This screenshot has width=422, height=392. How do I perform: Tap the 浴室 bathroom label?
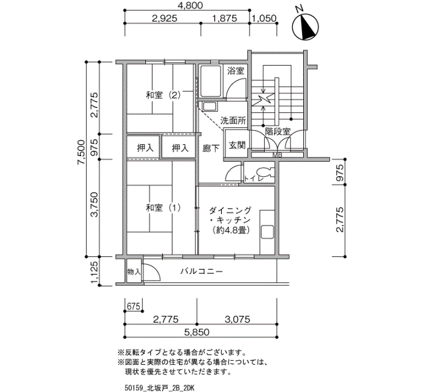pyautogui.click(x=236, y=71)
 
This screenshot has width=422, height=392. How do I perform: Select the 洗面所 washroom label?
pyautogui.click(x=233, y=121)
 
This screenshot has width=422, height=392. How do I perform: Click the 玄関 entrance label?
pyautogui.click(x=237, y=145)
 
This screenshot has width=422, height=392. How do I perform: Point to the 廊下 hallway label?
pyautogui.click(x=211, y=148)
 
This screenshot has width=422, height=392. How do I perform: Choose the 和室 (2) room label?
pyautogui.click(x=163, y=95)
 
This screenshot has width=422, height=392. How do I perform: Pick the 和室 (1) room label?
pyautogui.click(x=163, y=207)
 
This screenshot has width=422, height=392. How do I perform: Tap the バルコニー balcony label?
pyautogui.click(x=201, y=271)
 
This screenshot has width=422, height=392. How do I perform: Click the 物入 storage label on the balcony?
pyautogui.click(x=134, y=271)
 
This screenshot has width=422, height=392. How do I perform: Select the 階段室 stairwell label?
pyautogui.click(x=278, y=131)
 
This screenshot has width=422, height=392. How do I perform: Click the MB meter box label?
pyautogui.click(x=277, y=155)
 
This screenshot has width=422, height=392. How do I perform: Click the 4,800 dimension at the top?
pyautogui.click(x=191, y=5)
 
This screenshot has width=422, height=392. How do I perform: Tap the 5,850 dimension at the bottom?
pyautogui.click(x=197, y=332)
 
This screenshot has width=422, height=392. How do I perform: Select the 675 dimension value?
pyautogui.click(x=133, y=306)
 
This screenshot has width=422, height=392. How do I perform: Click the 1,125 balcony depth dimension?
pyautogui.click(x=94, y=271)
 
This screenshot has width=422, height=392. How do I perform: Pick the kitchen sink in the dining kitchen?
pyautogui.click(x=267, y=232)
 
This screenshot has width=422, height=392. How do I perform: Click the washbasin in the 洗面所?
pyautogui.click(x=210, y=107)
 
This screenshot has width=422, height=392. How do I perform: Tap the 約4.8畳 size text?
pyautogui.click(x=231, y=230)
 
